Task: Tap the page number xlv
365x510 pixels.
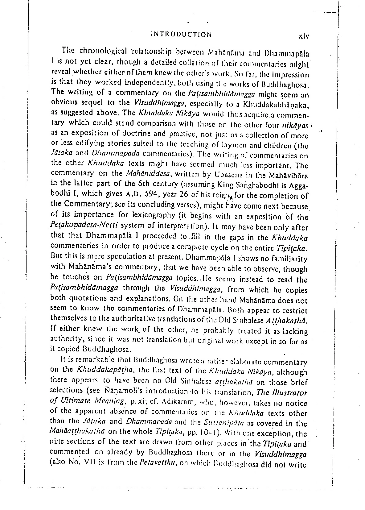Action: (x=304, y=36)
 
